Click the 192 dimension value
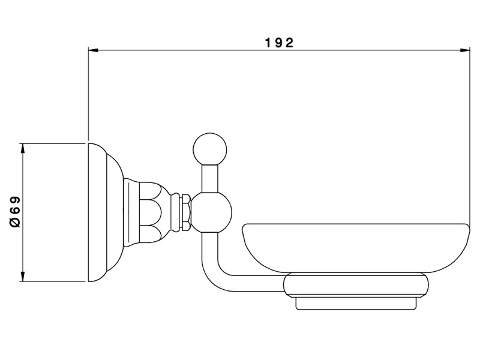click(x=279, y=43)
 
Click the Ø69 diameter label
click(x=15, y=212)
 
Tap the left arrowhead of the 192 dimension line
click(x=93, y=50)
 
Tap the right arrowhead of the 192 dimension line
click(x=465, y=50)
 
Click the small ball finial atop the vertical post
click(x=210, y=149)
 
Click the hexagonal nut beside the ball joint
click(x=187, y=212)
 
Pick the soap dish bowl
click(x=355, y=248)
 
